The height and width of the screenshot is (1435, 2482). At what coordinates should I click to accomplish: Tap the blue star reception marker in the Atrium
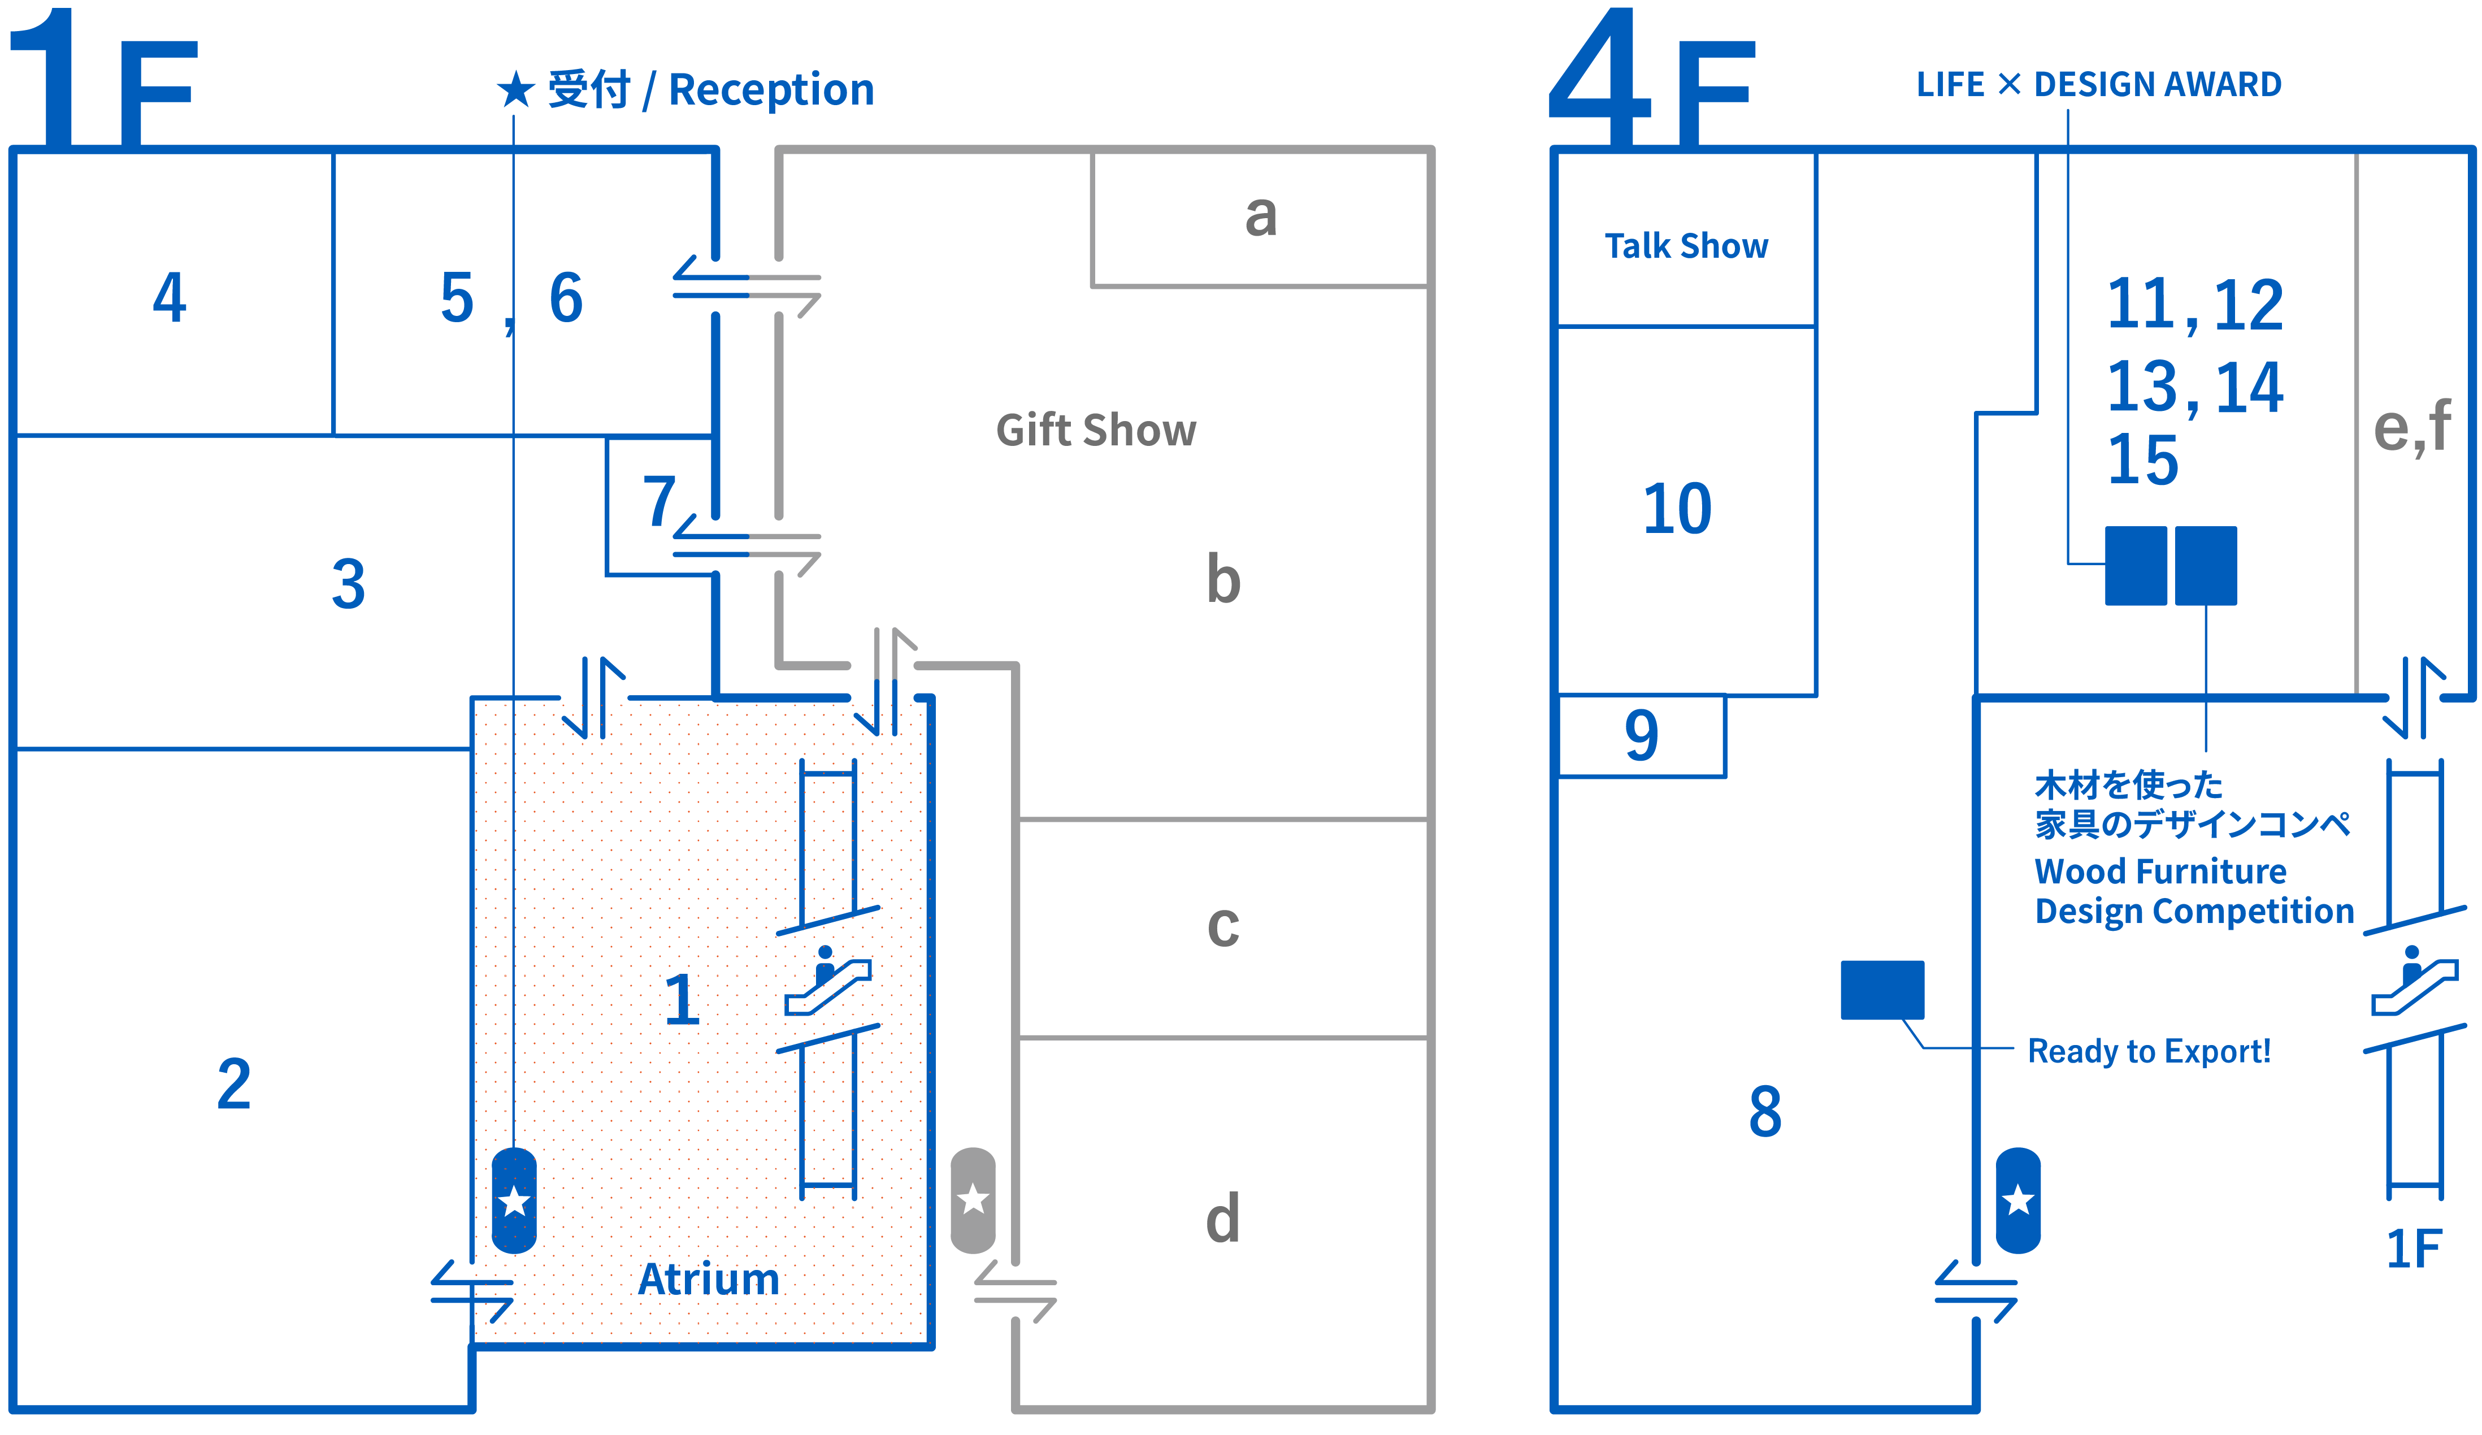[514, 1200]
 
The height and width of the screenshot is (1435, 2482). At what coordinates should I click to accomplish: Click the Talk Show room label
[1686, 245]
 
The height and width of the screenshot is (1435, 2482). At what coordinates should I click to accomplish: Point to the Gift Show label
[1096, 431]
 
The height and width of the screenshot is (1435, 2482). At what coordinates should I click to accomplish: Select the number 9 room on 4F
[1641, 735]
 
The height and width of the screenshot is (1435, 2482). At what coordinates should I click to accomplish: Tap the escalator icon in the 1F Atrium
[827, 981]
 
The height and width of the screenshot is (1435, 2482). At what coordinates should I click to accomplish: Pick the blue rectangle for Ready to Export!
[1882, 990]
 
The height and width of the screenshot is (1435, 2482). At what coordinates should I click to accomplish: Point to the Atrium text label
[708, 1278]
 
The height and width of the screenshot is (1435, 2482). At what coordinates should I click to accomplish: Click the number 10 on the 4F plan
[1677, 509]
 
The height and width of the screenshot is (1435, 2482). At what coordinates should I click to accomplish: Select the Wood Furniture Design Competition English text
[2193, 891]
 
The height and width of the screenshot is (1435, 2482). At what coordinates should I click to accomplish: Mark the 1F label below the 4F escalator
[2413, 1249]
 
